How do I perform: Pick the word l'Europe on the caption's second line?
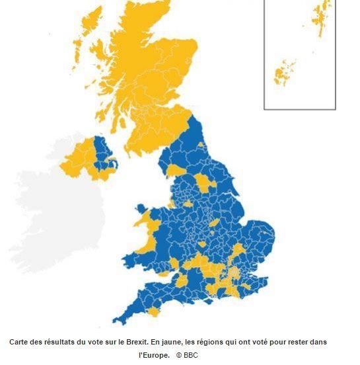153,355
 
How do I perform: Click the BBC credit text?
190,355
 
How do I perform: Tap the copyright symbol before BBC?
178,355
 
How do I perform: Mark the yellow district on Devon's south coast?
154,311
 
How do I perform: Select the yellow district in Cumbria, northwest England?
176,171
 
